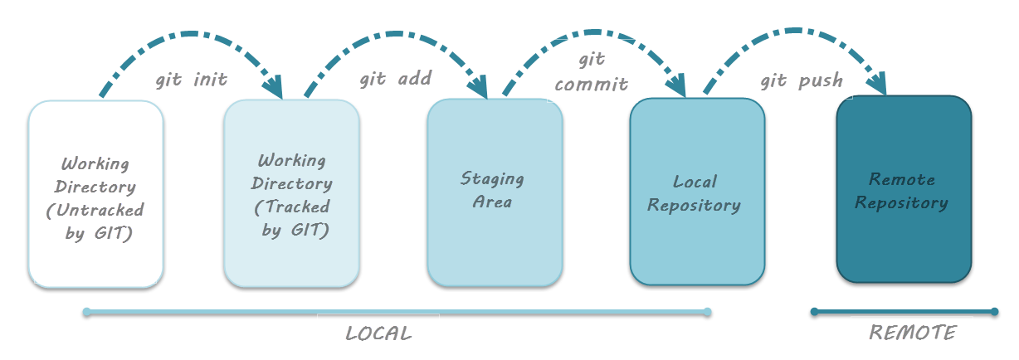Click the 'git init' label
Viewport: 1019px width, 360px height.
click(x=192, y=81)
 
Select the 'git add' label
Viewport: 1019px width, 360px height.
click(x=395, y=80)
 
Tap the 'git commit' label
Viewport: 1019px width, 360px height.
click(x=592, y=72)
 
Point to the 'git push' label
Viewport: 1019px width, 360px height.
click(x=802, y=80)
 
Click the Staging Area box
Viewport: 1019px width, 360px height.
click(x=494, y=192)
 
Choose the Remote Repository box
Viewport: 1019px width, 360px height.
click(x=903, y=190)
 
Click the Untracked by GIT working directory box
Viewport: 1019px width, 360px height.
click(x=95, y=193)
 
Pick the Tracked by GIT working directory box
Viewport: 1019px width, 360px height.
click(x=291, y=193)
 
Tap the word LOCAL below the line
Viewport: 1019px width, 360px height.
click(x=378, y=334)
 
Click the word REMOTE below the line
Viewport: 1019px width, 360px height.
click(x=913, y=333)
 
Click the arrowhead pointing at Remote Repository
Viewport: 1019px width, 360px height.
click(x=877, y=84)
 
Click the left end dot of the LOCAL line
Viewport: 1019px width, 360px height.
click(x=86, y=313)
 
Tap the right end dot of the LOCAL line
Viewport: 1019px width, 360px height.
click(x=707, y=313)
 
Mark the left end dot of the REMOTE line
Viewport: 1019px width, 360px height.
click(x=815, y=312)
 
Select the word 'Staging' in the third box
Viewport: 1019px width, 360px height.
click(x=493, y=178)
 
